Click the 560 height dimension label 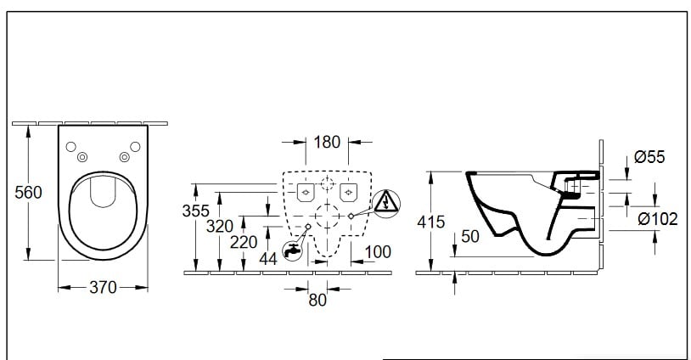[29, 193]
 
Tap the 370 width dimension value [103, 288]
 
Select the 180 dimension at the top [327, 142]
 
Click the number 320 [219, 225]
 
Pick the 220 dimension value [244, 242]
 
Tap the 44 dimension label [269, 258]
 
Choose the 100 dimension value [378, 252]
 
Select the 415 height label [432, 222]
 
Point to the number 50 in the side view [470, 237]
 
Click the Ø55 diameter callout [649, 157]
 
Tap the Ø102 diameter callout [658, 219]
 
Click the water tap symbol [292, 250]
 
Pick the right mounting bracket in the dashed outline [347, 193]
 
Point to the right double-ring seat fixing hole [124, 156]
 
